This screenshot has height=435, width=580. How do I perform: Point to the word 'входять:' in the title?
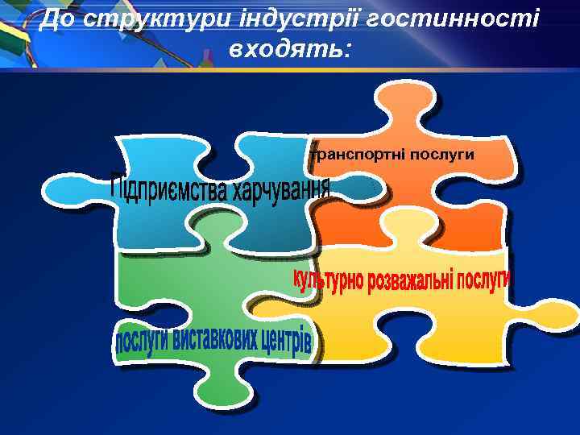[x=290, y=50]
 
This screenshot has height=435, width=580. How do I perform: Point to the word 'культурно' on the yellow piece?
[x=327, y=282]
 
